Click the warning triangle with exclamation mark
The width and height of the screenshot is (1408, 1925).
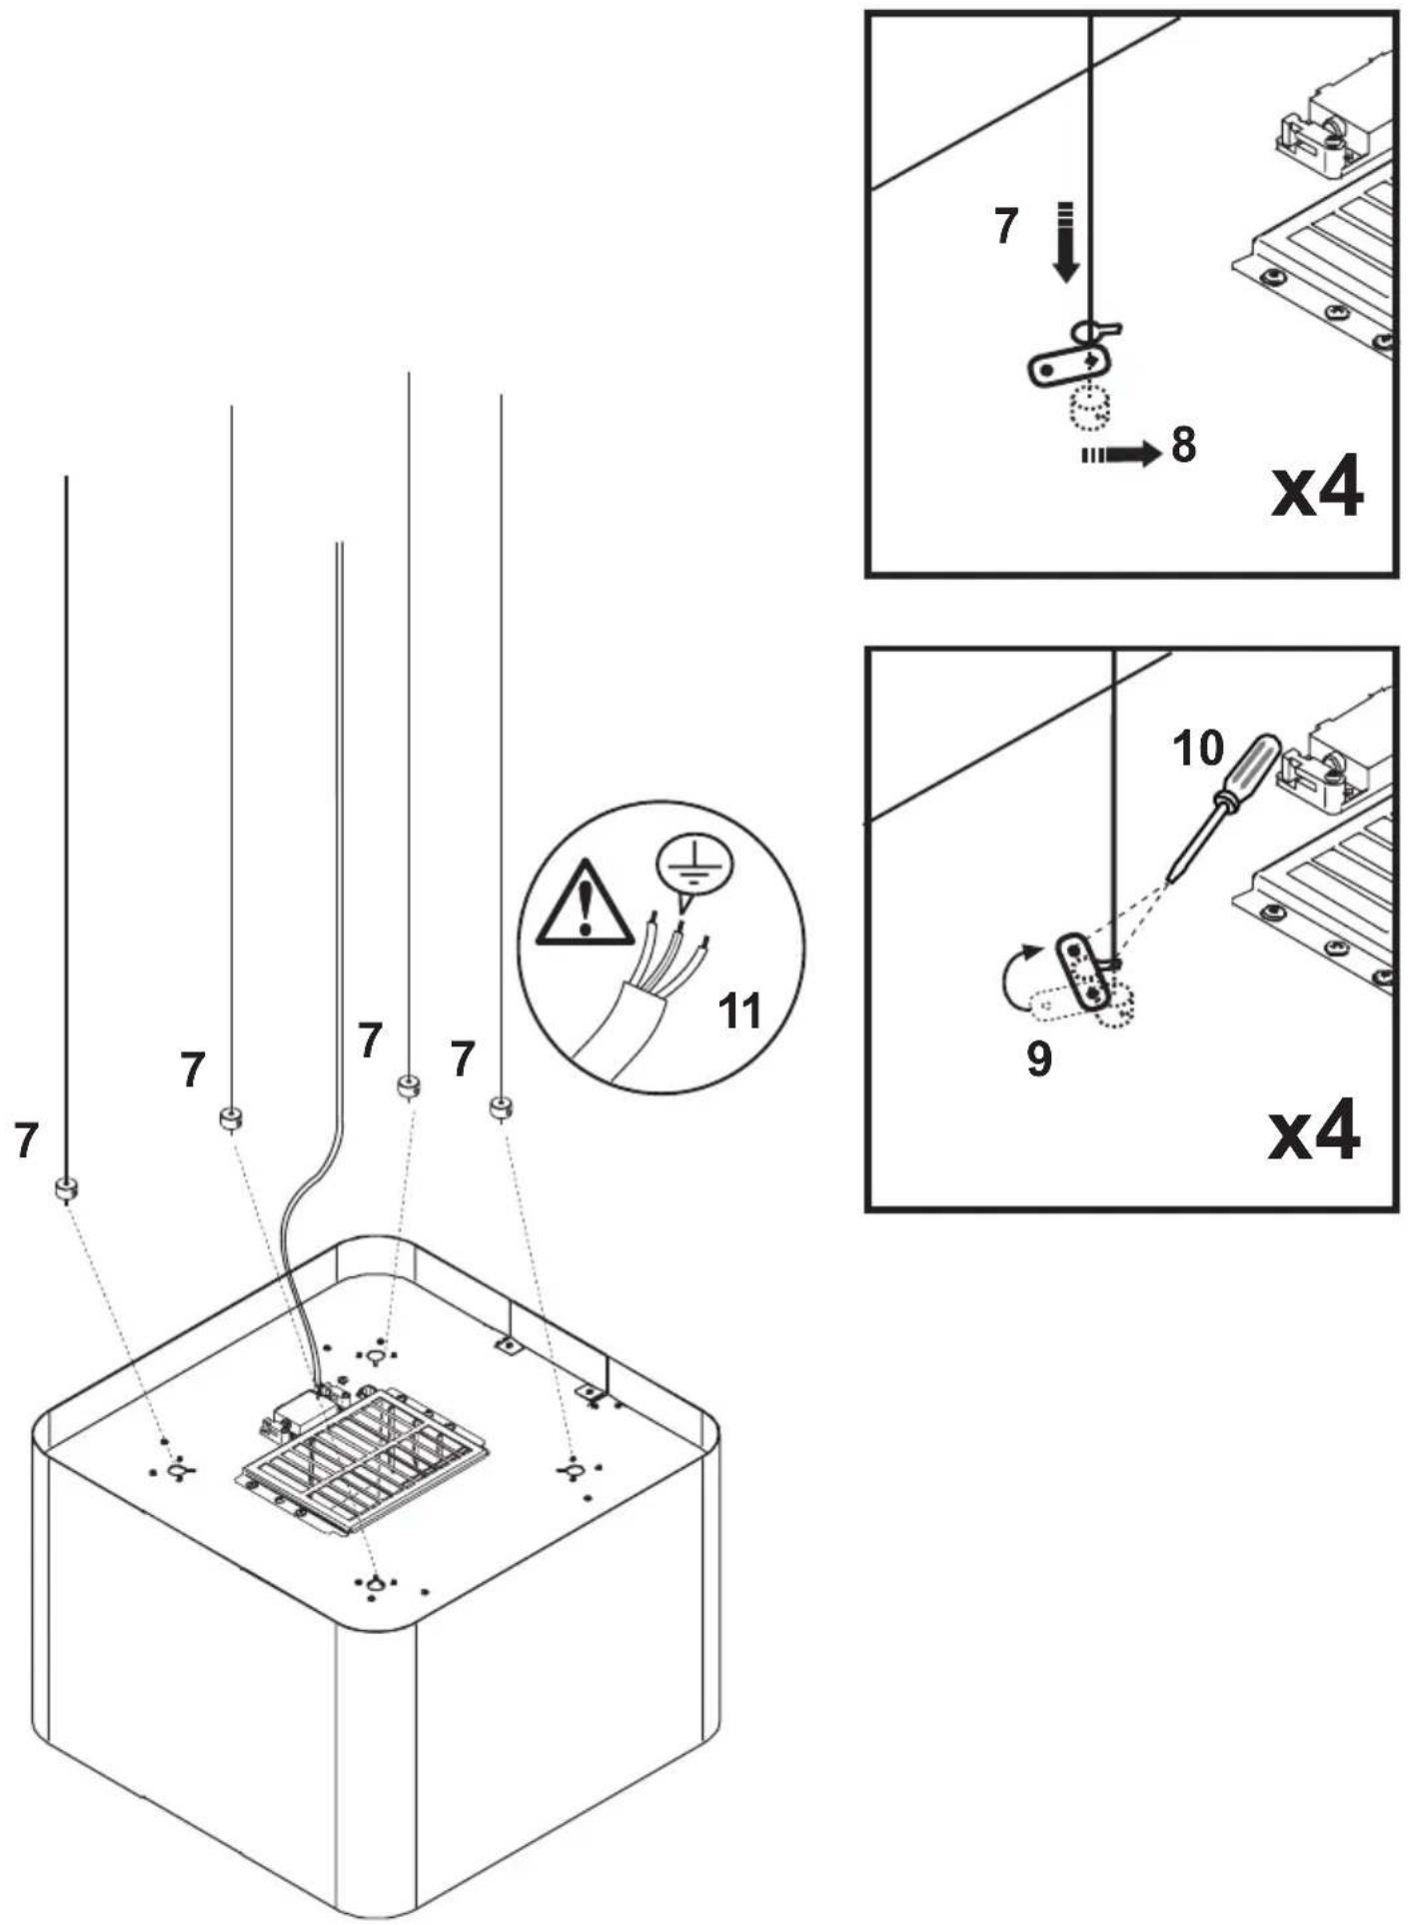click(x=585, y=906)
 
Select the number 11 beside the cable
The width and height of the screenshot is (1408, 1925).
click(x=740, y=1011)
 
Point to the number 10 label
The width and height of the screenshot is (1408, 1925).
click(x=1197, y=747)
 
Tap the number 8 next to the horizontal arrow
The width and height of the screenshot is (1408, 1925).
click(x=1183, y=445)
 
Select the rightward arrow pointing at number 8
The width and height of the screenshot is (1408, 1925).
click(x=1119, y=455)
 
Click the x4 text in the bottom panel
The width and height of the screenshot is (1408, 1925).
click(x=1314, y=1130)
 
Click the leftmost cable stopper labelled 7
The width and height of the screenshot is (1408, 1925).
click(x=66, y=1189)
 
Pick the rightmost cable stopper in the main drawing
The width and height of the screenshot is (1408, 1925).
click(x=502, y=1107)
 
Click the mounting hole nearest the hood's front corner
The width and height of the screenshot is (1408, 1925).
click(x=376, y=1584)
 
